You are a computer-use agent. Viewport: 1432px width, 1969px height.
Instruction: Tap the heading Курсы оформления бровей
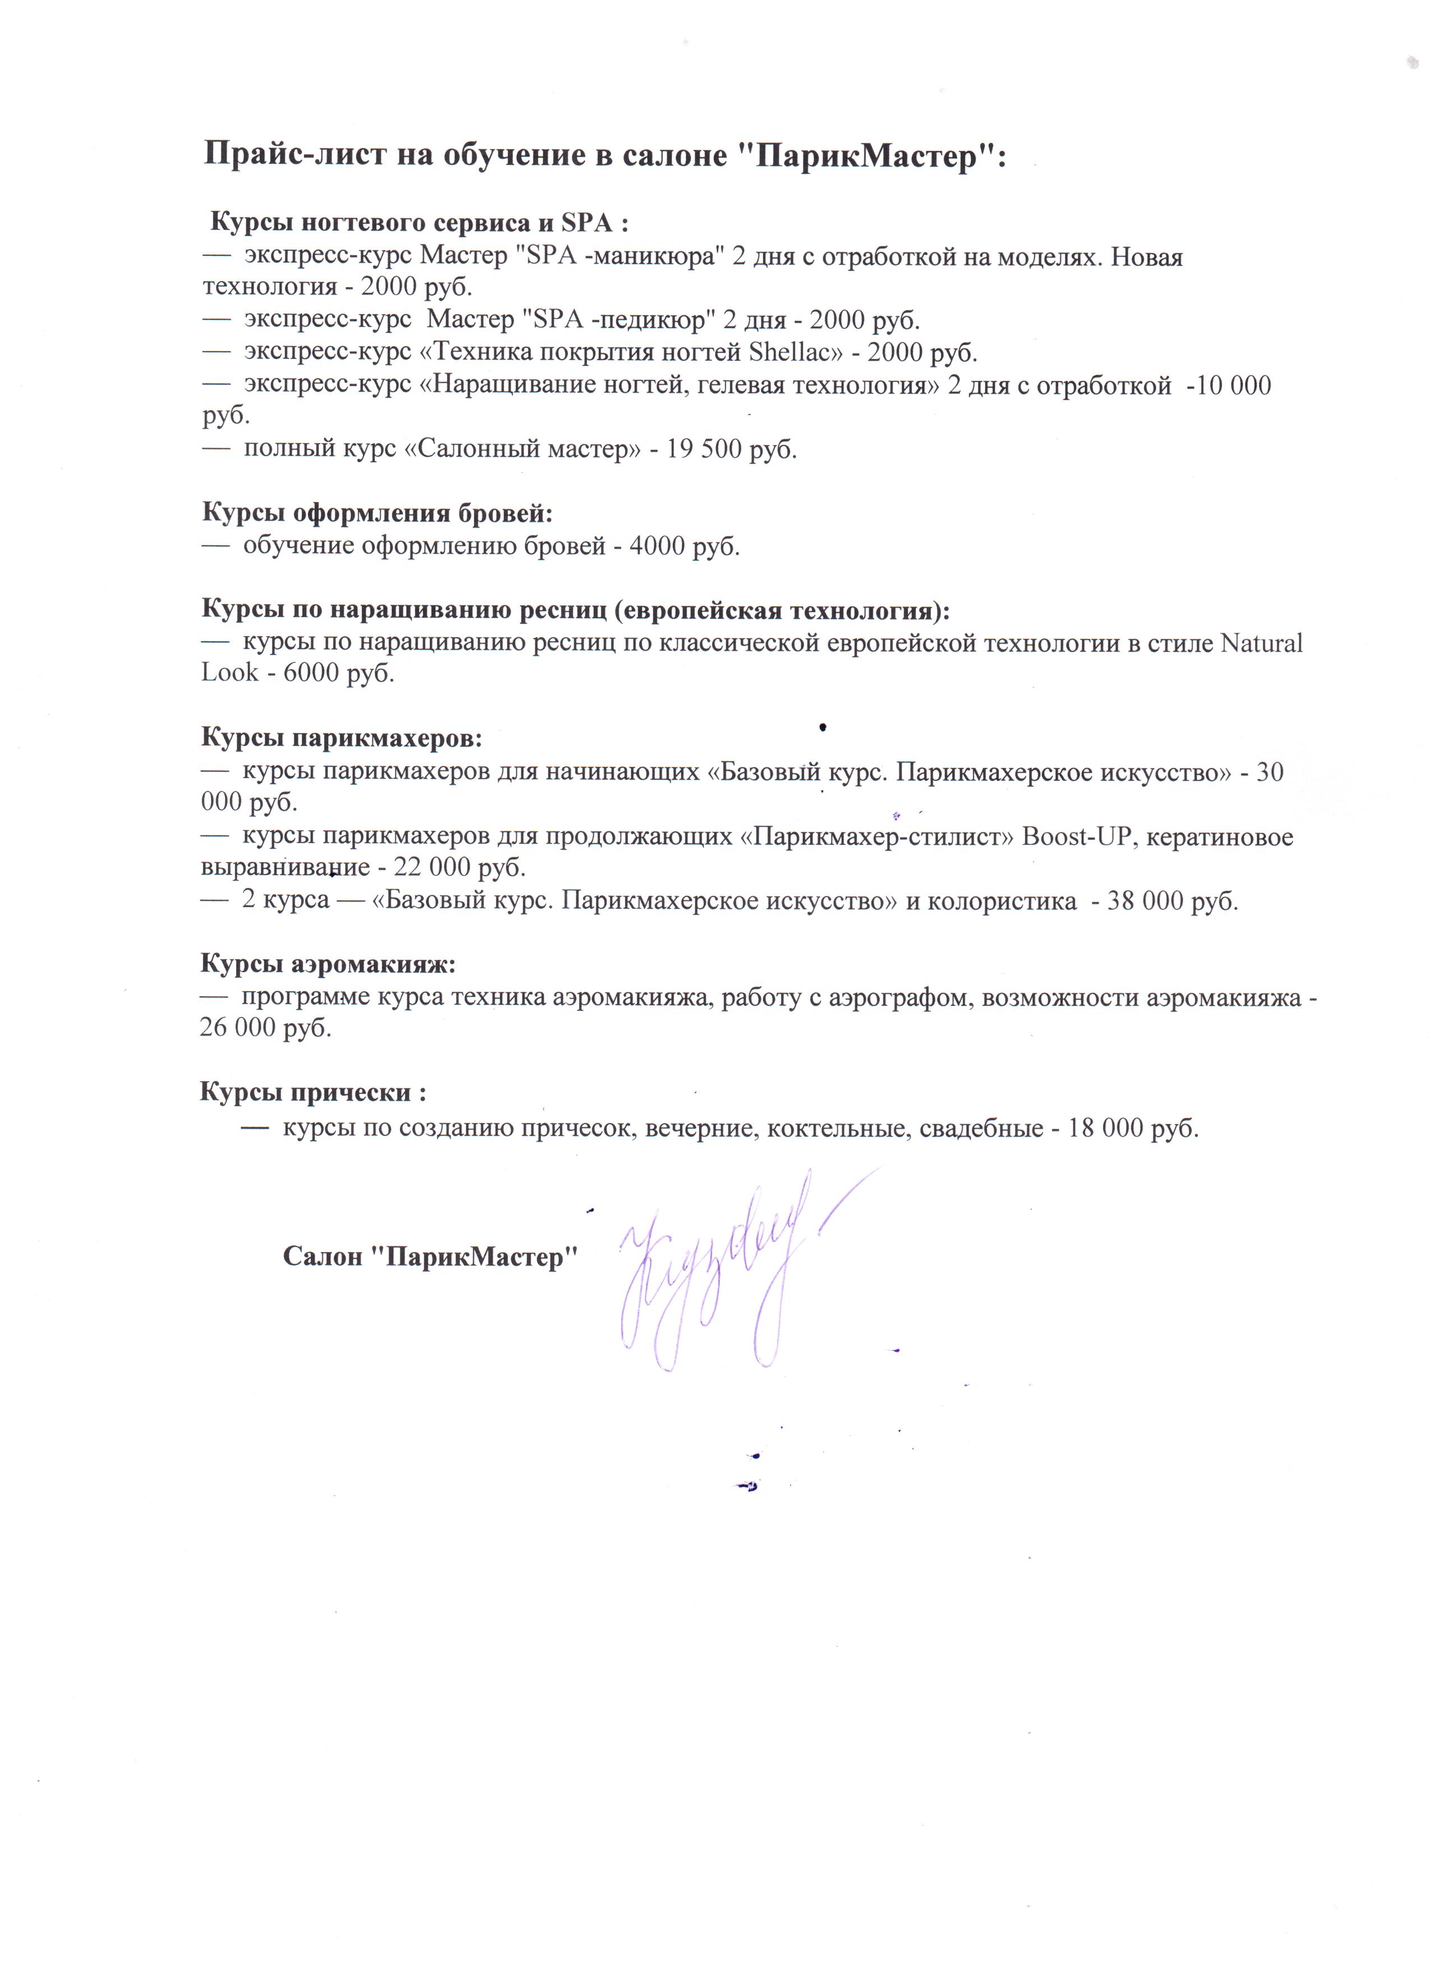(377, 513)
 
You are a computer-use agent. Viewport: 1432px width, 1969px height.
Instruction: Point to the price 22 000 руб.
(460, 867)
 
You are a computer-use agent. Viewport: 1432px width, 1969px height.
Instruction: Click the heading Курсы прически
(313, 1092)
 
